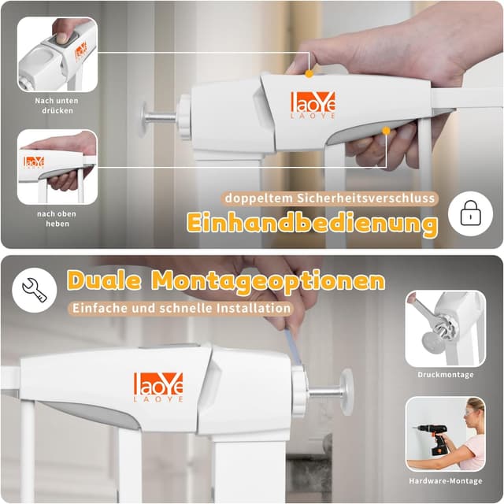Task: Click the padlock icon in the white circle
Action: (x=471, y=213)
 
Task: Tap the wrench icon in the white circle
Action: (x=35, y=291)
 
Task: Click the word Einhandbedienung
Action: (x=312, y=223)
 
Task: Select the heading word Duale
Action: (x=104, y=280)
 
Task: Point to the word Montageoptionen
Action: (x=269, y=281)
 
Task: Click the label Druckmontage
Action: (x=446, y=375)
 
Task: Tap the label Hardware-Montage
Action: (x=446, y=481)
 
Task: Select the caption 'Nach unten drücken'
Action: (x=57, y=106)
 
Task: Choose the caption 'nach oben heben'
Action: (x=57, y=219)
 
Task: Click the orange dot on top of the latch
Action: (x=309, y=74)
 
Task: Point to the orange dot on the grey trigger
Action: (x=386, y=131)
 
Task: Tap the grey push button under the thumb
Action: (x=61, y=42)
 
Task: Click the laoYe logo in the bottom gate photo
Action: (x=158, y=387)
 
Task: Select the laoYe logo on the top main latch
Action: (x=313, y=105)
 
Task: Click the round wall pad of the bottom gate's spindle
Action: (x=346, y=392)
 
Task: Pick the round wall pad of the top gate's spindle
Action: (x=143, y=119)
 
